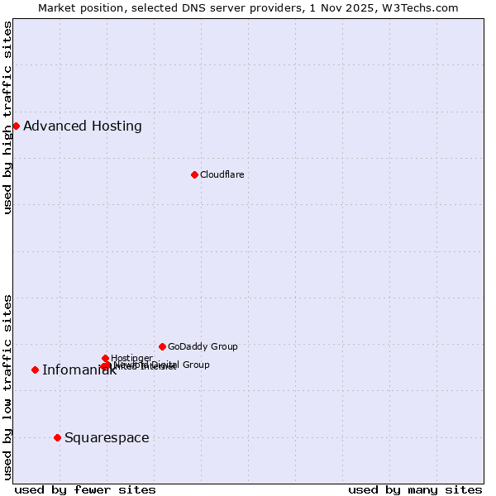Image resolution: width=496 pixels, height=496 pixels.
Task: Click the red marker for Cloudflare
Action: coord(194,174)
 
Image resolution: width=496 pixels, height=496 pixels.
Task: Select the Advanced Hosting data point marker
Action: coord(16,126)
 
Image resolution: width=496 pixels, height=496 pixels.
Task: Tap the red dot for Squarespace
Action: coord(57,437)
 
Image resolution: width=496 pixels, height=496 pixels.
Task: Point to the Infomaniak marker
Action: coord(35,370)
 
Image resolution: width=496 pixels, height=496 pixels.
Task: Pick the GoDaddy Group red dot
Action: coord(162,346)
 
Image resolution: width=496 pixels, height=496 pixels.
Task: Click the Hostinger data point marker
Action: coord(105,358)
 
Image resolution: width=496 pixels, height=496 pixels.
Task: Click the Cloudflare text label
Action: coord(222,174)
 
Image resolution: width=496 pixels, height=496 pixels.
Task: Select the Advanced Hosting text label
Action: coord(83,126)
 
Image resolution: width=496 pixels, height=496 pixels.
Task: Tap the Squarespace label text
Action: coord(107,437)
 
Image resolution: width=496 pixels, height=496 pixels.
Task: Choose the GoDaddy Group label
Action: coord(203,346)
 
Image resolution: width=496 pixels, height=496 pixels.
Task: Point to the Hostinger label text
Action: coord(131,358)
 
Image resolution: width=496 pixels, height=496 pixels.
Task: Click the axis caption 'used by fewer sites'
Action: coord(85,489)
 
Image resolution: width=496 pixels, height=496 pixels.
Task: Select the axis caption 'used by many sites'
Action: coord(415,489)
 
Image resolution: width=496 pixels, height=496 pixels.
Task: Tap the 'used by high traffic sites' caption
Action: coord(7,117)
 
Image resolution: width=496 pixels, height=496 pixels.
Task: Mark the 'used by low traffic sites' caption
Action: coord(7,387)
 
